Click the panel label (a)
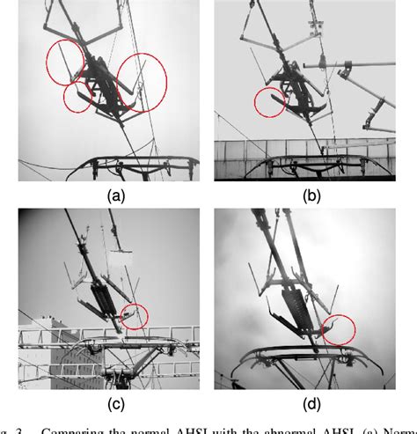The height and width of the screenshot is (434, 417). point(113,196)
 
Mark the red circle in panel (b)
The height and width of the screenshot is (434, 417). point(269,102)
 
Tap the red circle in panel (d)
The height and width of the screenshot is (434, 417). point(338,328)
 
